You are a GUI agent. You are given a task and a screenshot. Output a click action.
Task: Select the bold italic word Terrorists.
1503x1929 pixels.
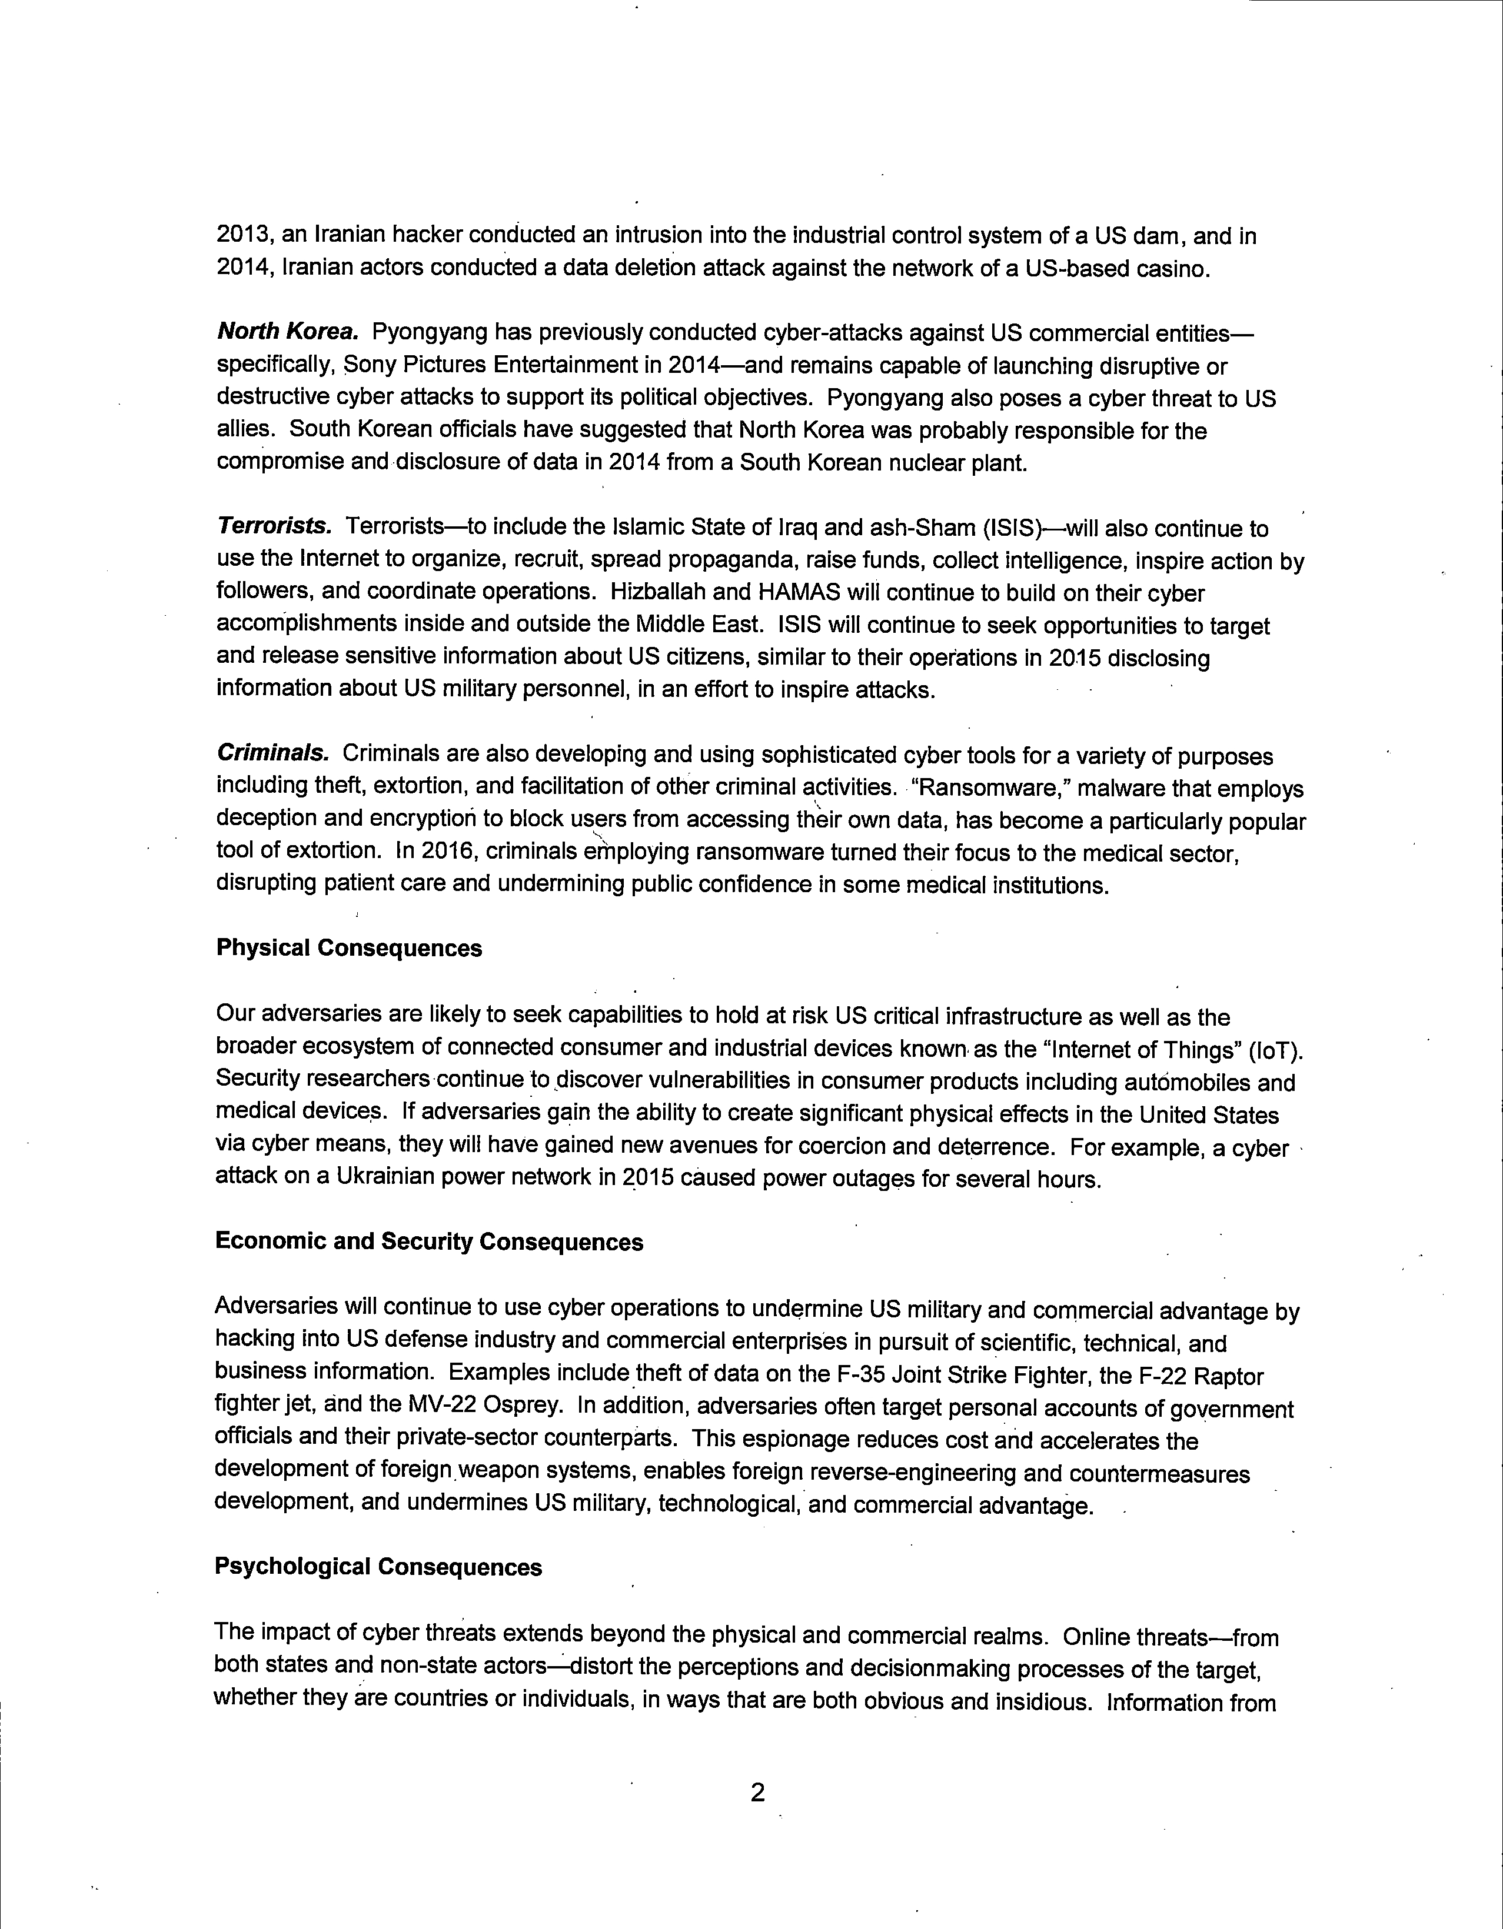pos(274,528)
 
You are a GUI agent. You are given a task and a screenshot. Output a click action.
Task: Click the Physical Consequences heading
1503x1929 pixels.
pos(349,949)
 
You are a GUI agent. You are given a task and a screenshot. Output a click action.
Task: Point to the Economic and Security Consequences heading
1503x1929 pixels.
pos(430,1242)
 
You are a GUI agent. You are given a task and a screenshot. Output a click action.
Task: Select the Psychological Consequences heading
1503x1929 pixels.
pos(378,1567)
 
